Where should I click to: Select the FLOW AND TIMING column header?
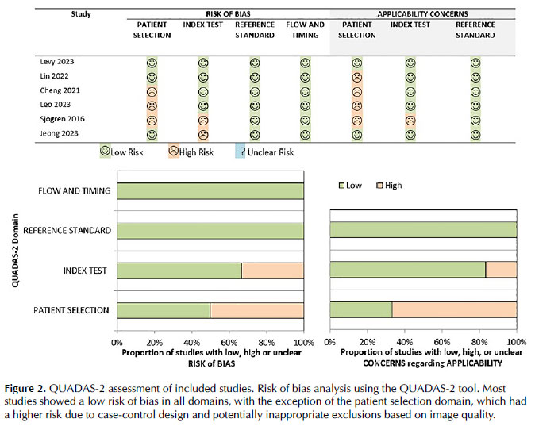point(305,30)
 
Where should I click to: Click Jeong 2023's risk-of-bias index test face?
point(203,134)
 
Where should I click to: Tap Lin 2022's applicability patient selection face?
point(357,77)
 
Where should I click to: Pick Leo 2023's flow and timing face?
point(306,106)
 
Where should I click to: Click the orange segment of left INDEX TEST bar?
point(272,271)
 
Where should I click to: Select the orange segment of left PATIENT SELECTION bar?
point(257,310)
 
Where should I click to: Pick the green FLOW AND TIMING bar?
point(210,191)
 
